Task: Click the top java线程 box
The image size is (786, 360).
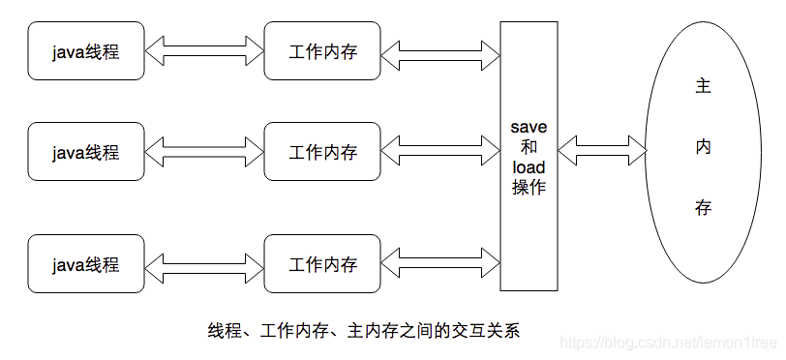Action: point(86,51)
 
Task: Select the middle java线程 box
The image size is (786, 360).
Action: point(86,152)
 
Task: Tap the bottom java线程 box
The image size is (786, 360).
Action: point(86,263)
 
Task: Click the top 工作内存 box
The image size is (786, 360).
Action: point(322,51)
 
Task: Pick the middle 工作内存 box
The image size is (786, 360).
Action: point(322,152)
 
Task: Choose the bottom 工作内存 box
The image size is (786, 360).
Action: point(322,263)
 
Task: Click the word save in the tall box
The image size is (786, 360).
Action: point(529,128)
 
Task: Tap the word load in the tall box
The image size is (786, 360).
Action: point(529,167)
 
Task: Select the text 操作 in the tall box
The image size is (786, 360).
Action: point(529,188)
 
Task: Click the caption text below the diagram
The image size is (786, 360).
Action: point(364,330)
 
